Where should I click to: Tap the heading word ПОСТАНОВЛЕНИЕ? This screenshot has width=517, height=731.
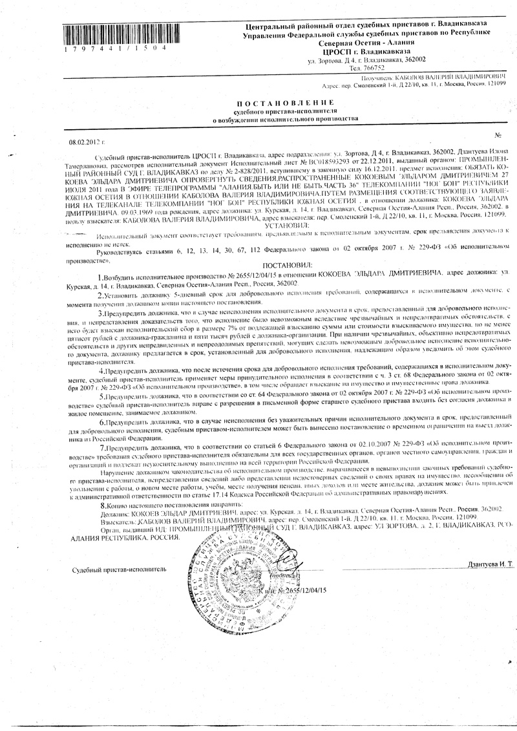pos(284,103)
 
